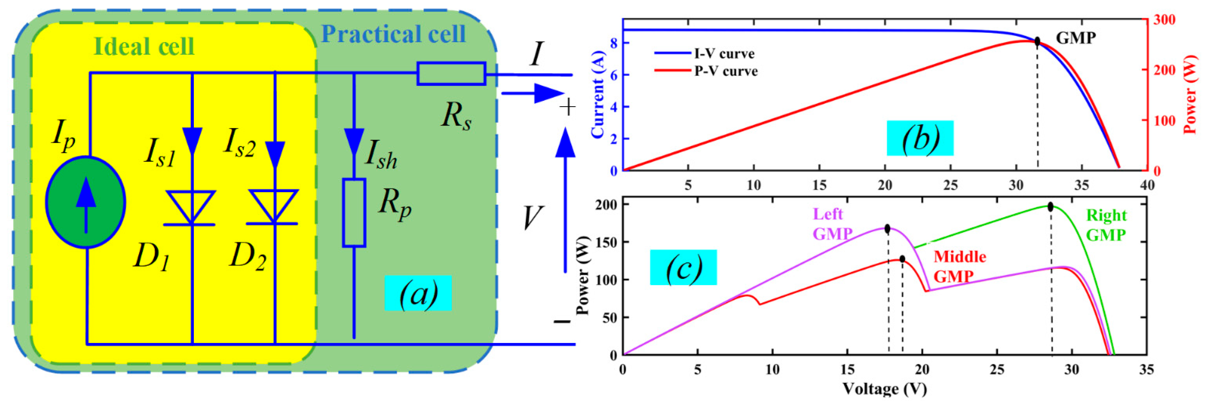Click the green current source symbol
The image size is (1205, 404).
(86, 202)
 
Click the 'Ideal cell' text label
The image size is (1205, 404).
(144, 46)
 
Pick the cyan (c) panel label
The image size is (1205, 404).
(683, 267)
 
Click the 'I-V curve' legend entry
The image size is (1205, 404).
(724, 54)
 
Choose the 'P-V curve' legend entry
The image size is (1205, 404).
(725, 71)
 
